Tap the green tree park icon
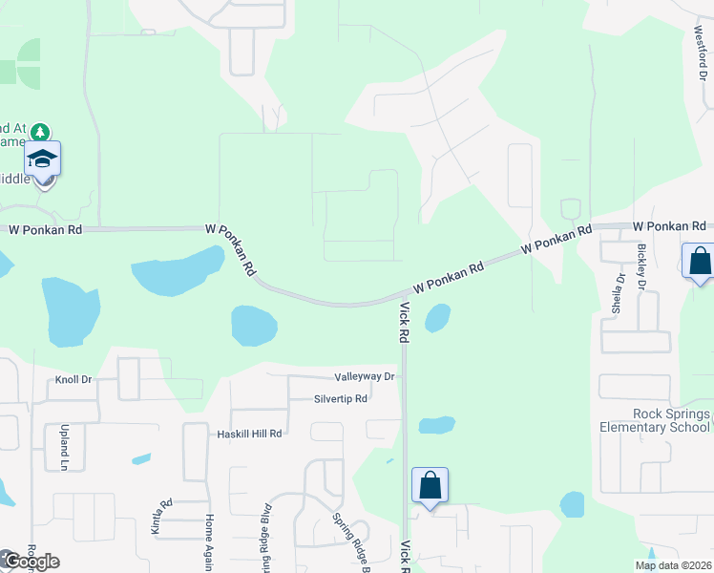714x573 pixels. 39,130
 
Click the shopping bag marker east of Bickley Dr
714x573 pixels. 700,261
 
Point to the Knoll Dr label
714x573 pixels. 73,379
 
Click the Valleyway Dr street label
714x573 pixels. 365,377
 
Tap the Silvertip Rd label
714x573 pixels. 341,399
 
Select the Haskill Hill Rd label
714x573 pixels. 248,434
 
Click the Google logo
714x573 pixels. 31,562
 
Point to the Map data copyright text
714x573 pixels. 673,565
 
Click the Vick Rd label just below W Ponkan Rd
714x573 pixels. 405,323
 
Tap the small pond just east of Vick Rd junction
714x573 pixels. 437,318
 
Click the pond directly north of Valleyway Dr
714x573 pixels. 254,326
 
